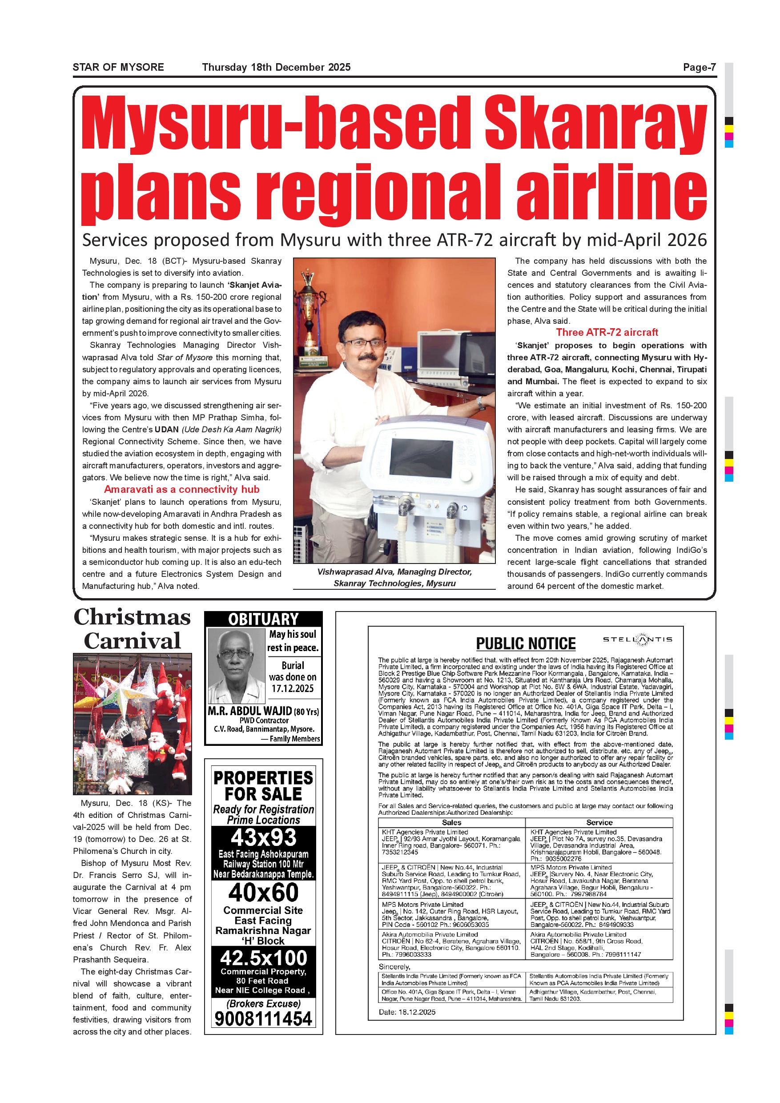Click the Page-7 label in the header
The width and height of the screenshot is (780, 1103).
pos(700,68)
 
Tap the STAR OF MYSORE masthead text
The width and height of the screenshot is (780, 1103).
pos(118,68)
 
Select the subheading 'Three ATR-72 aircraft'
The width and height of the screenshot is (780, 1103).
pos(607,332)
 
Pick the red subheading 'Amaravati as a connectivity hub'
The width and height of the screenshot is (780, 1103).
pos(181,490)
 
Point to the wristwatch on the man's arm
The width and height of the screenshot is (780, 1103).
pos(481,405)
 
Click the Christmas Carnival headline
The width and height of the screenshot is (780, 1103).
pos(132,629)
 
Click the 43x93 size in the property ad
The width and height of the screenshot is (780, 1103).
pos(263,838)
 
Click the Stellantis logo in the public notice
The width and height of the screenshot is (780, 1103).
pos(637,640)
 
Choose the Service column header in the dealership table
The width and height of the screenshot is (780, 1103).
pos(599,822)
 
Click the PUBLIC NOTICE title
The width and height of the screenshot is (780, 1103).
pos(526,644)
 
